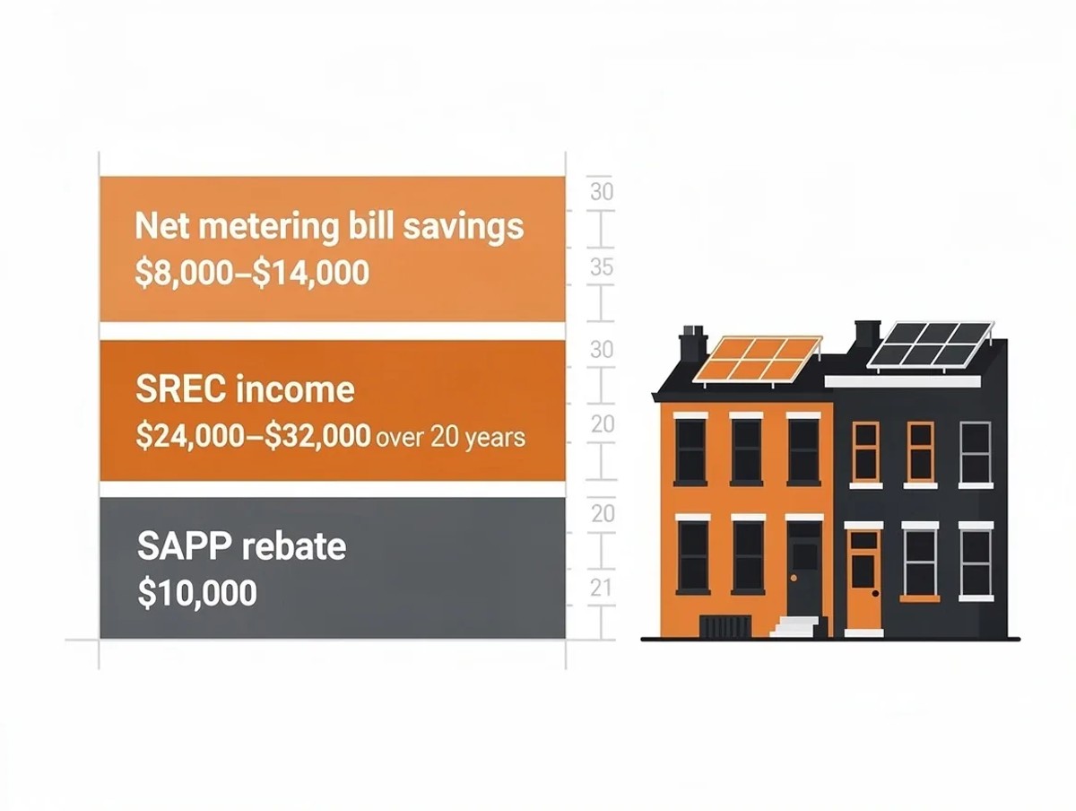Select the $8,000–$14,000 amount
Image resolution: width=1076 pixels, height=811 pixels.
(x=252, y=273)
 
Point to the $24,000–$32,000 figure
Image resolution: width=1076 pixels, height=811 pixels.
(x=253, y=436)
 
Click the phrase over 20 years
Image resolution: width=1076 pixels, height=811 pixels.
(x=450, y=438)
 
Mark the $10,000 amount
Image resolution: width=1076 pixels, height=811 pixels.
(x=196, y=593)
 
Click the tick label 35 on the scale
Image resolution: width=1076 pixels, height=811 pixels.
(x=602, y=267)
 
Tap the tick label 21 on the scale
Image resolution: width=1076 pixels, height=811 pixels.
(x=602, y=588)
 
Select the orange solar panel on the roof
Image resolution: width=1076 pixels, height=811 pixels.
(x=758, y=359)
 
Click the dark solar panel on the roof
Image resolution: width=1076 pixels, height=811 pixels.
(x=930, y=345)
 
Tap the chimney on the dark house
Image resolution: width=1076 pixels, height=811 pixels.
(x=867, y=334)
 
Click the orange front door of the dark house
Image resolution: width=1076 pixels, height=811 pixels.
(x=863, y=579)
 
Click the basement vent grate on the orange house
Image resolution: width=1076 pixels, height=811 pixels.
(x=724, y=626)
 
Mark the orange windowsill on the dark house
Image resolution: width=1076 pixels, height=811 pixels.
(x=920, y=598)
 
